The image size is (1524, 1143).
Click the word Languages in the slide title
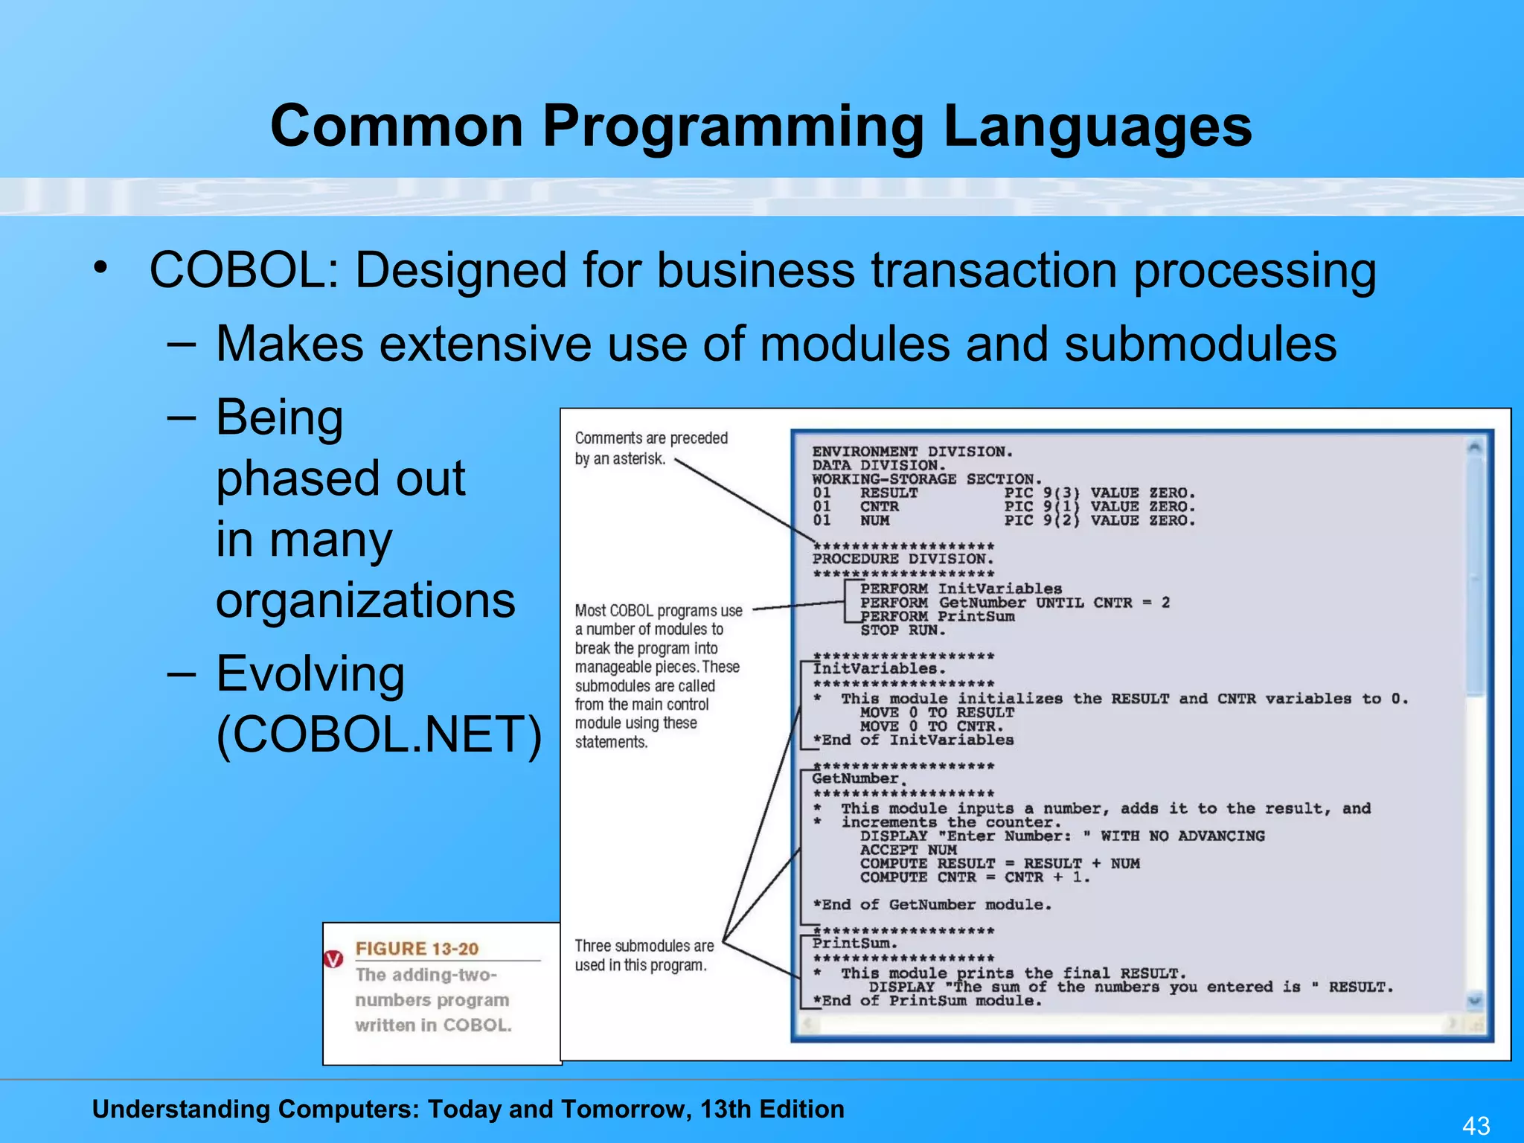1097,127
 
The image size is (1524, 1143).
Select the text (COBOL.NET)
379,734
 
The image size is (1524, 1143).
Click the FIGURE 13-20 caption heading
417,949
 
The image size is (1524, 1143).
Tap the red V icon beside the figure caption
334,959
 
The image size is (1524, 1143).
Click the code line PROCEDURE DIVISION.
903,559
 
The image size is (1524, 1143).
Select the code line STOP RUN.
903,630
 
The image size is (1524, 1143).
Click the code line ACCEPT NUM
908,850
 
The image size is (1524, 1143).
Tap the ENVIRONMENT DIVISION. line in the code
912,452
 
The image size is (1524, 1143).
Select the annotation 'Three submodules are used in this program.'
643,955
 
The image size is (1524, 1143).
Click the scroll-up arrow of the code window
1474,447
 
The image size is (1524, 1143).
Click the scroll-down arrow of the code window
1474,1001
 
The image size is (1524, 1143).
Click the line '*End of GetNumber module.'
932,905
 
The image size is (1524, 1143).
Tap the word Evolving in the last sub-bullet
310,673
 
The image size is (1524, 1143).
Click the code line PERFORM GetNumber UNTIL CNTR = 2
1014,603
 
